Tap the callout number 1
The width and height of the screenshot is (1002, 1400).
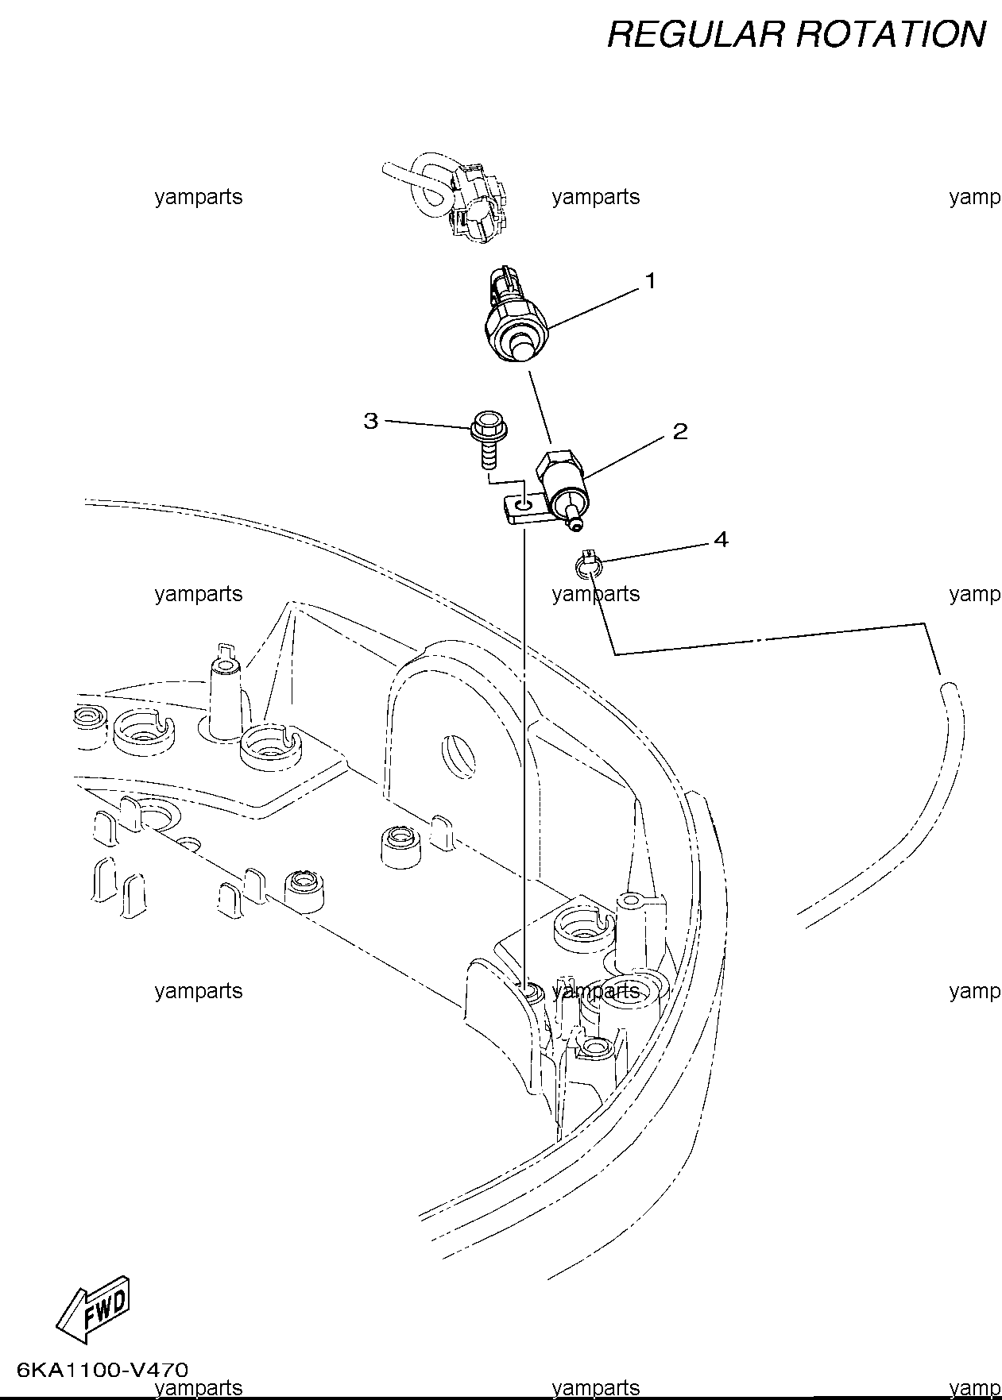[x=650, y=281]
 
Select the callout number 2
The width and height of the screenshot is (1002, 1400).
[x=679, y=431]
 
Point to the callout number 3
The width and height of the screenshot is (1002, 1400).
[x=371, y=421]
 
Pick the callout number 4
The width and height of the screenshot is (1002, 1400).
[x=721, y=540]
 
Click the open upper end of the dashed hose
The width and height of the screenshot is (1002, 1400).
[x=950, y=686]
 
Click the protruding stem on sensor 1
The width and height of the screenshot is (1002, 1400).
[x=522, y=347]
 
